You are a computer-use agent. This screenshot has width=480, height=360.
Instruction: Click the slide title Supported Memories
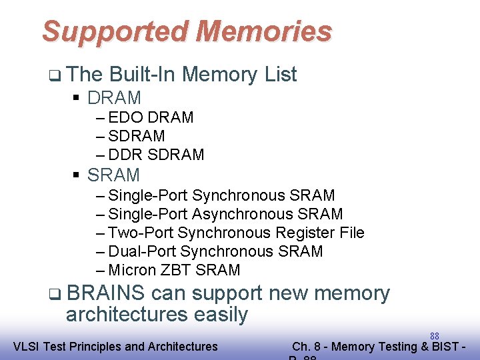point(187,31)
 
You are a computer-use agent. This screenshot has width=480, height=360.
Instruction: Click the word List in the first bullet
point(280,75)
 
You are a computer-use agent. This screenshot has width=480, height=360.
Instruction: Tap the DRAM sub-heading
point(114,98)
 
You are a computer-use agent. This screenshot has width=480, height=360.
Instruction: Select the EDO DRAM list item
point(150,117)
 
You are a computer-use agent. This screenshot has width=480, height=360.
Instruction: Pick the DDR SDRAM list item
point(155,155)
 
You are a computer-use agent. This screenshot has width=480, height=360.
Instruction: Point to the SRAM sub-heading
point(113,175)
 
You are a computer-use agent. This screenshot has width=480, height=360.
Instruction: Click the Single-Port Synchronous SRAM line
point(221,195)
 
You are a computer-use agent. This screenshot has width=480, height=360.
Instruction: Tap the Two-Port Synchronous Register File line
point(235,233)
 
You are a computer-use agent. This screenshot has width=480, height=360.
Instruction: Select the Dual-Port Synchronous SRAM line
point(215,251)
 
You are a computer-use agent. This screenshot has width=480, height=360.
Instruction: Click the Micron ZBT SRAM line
point(173,270)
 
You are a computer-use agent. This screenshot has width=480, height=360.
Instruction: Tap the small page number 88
point(434,336)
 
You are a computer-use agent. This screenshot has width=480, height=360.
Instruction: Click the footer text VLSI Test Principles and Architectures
point(115,346)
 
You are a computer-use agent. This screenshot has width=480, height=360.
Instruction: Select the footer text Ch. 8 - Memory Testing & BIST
point(377,346)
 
